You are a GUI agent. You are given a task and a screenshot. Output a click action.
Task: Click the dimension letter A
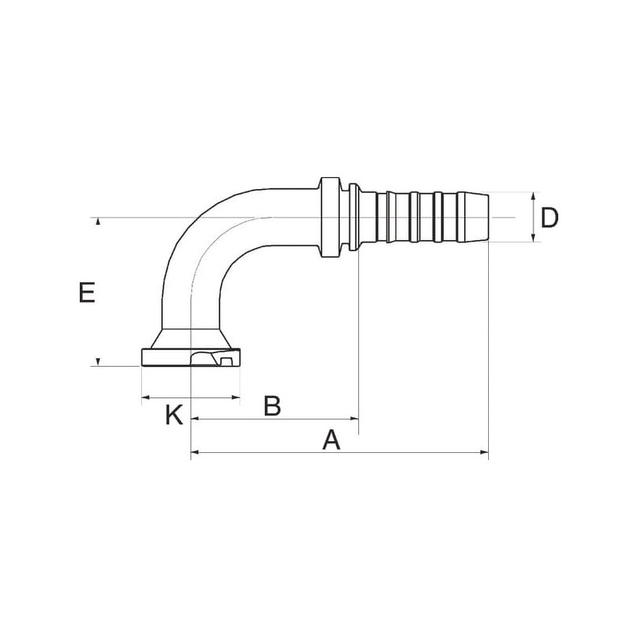coord(331,441)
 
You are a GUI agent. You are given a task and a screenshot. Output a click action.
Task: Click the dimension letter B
coord(272,406)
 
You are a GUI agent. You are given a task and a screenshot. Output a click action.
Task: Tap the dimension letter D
coord(549,218)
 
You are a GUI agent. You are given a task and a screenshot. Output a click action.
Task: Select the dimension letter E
coord(87,293)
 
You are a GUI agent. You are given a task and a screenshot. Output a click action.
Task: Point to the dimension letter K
coord(174,415)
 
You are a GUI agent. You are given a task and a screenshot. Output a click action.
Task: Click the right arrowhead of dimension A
coord(484,452)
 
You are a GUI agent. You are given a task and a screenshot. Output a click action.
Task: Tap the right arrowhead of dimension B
coord(354,418)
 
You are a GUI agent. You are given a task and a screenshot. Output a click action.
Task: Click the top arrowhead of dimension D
coord(534,196)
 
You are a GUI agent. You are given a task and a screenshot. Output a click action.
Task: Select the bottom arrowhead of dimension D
coord(534,238)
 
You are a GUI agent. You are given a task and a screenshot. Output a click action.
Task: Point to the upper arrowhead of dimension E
coord(97,222)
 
